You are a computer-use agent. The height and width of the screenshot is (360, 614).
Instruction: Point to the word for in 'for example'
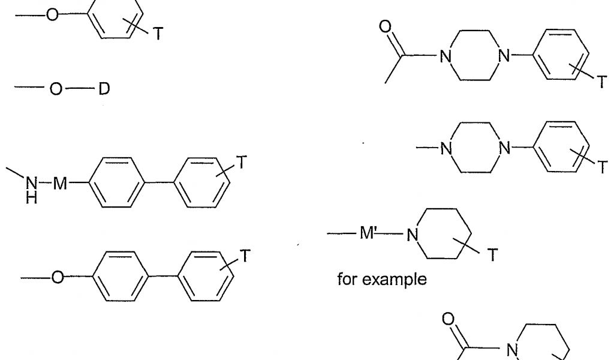pos(347,279)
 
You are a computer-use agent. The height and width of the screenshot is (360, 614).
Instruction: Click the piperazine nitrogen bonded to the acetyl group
pos(444,57)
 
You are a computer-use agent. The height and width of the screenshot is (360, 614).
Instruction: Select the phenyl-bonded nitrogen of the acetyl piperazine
pos(504,57)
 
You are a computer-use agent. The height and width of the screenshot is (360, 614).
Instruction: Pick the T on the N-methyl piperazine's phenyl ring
pos(601,169)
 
